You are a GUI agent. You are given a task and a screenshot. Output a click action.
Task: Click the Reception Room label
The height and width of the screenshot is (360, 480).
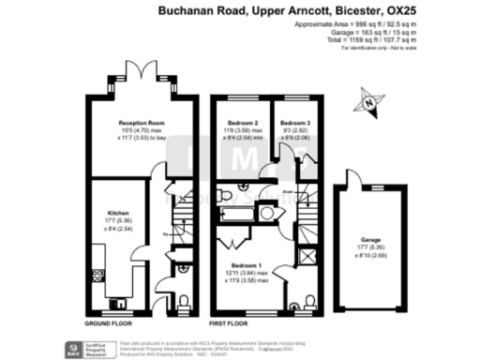click(142, 123)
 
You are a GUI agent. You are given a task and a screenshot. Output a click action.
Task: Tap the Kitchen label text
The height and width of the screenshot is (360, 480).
click(117, 213)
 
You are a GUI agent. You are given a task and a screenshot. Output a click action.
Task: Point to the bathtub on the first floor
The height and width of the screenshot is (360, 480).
click(240, 215)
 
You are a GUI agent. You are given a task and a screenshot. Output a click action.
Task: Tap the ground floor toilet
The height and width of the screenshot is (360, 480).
click(183, 300)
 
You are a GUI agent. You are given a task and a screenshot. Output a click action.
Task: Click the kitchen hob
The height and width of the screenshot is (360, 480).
click(97, 274)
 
